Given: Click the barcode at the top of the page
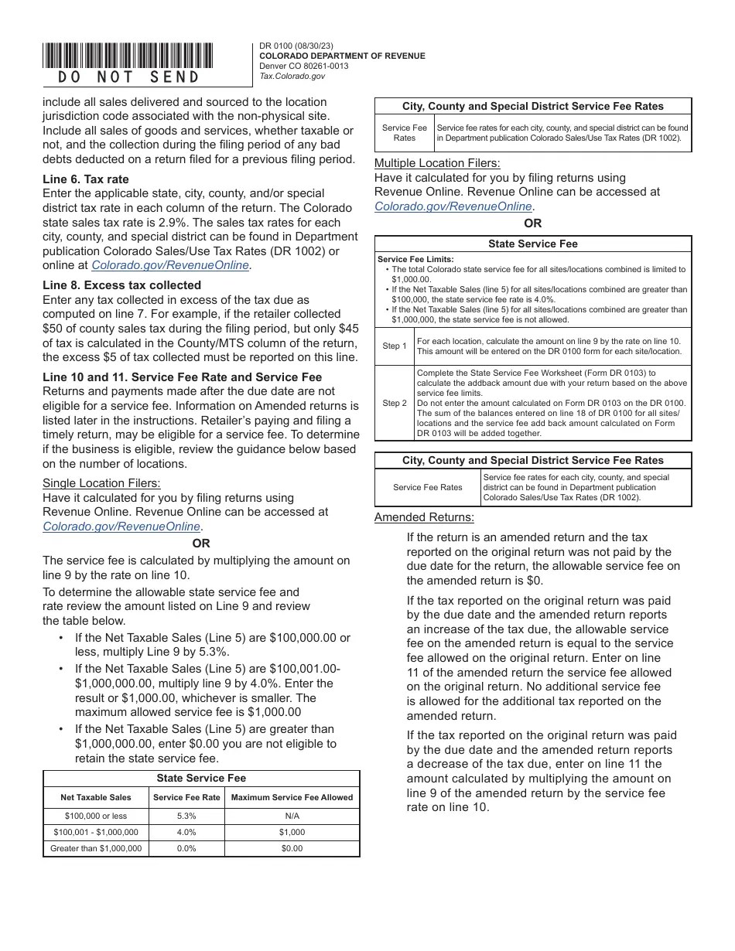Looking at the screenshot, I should [x=128, y=56].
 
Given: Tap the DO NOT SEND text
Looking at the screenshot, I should [x=128, y=77].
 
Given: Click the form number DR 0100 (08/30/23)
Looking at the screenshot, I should [x=296, y=46].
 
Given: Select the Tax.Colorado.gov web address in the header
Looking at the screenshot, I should [x=292, y=76].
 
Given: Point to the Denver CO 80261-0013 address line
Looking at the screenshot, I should [x=303, y=66].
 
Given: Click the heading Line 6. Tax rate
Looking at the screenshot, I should [x=86, y=179].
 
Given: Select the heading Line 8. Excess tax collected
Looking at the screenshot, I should [x=121, y=285].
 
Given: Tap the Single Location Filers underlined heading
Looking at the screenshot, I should [x=101, y=483].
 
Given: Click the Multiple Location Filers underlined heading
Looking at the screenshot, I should [x=437, y=163].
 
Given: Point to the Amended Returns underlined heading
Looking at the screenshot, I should [x=424, y=517].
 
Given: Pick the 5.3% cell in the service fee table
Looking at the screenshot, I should [x=186, y=816].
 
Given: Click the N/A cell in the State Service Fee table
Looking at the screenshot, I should [x=292, y=816].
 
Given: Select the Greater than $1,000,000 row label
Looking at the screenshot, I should [x=96, y=848].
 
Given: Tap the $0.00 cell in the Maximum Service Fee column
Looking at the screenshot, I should [x=292, y=848].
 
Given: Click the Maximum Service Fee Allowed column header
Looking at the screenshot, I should [x=292, y=797].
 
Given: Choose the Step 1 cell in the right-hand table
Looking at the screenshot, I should [x=395, y=346].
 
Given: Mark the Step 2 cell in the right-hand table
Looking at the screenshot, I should [x=395, y=403].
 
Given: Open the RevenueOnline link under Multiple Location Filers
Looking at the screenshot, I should [x=454, y=206].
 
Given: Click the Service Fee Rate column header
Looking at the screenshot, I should [x=186, y=797].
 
